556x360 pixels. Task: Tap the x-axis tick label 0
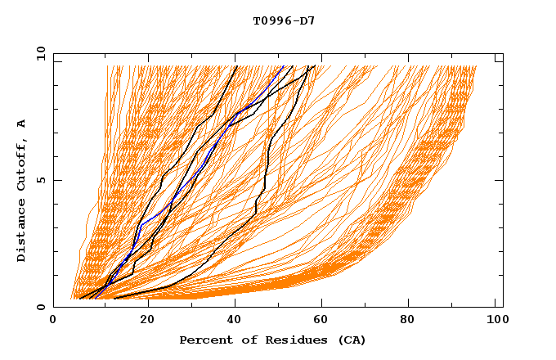click(x=53, y=321)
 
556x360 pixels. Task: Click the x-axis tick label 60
click(x=325, y=321)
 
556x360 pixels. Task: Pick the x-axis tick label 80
click(x=414, y=321)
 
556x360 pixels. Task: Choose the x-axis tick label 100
click(x=496, y=321)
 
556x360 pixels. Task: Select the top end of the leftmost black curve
click(x=236, y=66)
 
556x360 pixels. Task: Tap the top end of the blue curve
click(x=283, y=66)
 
